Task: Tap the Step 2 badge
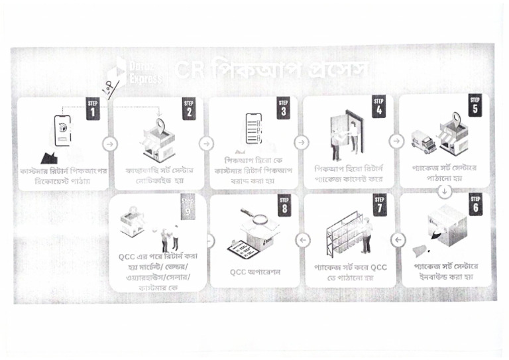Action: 189,110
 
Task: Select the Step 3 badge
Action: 284,110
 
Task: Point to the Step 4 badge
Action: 379,110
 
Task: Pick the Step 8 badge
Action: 284,206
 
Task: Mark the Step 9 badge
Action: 189,206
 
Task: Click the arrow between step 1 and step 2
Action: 110,143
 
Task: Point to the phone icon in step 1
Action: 62,130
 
